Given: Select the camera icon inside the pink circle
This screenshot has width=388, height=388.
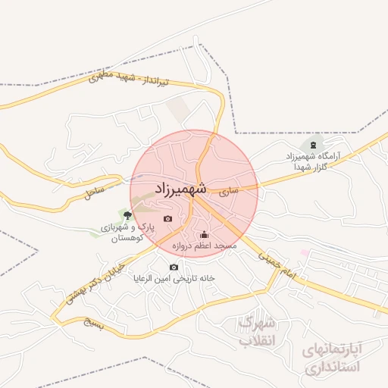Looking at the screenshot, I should (167, 219).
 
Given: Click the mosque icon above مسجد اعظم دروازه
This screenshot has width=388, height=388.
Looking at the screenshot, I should (203, 234).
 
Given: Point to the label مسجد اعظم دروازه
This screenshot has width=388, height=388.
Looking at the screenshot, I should (204, 246).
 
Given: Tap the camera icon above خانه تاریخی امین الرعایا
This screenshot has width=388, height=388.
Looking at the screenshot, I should (174, 267).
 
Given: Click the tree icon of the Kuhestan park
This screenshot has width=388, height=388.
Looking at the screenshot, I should (126, 216).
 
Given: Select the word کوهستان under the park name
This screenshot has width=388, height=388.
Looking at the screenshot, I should (127, 239).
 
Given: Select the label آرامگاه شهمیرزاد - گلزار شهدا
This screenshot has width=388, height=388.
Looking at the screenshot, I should (313, 161).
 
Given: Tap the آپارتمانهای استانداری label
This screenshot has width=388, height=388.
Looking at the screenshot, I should (333, 358).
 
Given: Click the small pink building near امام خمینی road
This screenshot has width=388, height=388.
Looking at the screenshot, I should (305, 252).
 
